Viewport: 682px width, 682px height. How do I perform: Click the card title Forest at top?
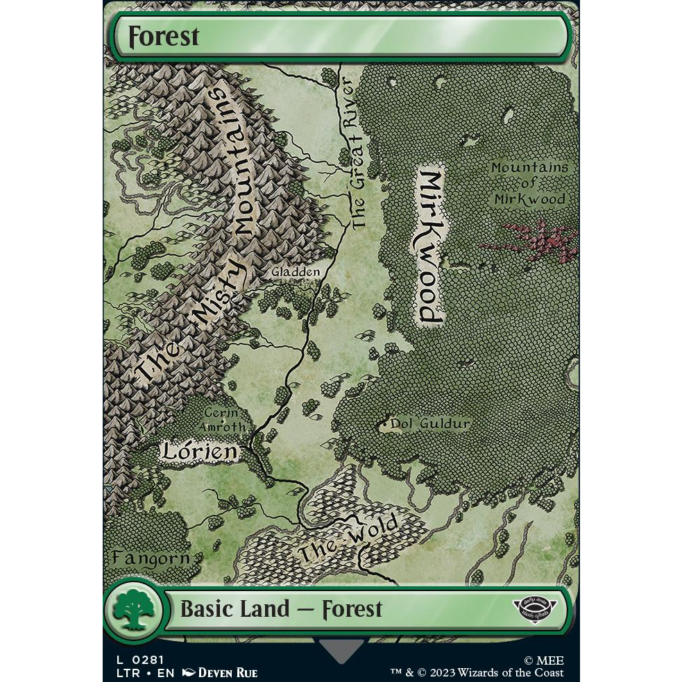(x=163, y=36)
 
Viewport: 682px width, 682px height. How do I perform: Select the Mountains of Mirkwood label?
(x=529, y=182)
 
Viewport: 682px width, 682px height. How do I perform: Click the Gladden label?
(x=296, y=272)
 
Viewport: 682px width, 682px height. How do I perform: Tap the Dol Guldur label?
(x=430, y=423)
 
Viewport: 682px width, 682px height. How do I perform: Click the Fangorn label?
(x=151, y=558)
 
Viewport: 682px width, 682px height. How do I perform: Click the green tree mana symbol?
(x=134, y=609)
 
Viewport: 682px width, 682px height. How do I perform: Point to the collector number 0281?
(x=148, y=660)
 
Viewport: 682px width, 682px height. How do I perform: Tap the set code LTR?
(x=118, y=672)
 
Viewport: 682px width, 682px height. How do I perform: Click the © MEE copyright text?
(x=543, y=660)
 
